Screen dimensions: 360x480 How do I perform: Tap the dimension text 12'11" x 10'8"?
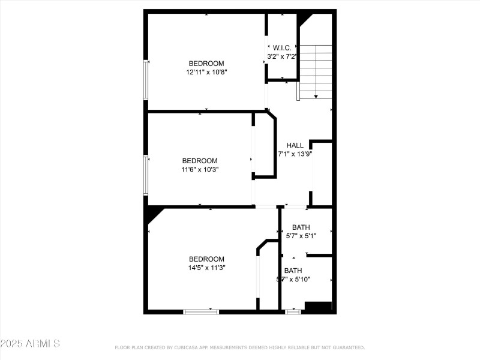pyautogui.click(x=206, y=72)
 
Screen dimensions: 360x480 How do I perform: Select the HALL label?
pyautogui.click(x=295, y=145)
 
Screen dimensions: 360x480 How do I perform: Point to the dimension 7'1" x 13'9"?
pyautogui.click(x=295, y=154)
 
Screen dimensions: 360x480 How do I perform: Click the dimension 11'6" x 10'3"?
pyautogui.click(x=200, y=169)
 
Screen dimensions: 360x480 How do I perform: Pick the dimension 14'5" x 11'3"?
pyautogui.click(x=206, y=268)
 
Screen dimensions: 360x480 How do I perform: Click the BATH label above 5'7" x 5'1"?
pyautogui.click(x=301, y=227)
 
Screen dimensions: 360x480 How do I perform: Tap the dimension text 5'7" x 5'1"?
pyautogui.click(x=301, y=236)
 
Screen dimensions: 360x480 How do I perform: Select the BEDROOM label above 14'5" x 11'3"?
pyautogui.click(x=206, y=259)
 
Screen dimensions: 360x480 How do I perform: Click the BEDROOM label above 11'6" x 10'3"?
pyautogui.click(x=200, y=161)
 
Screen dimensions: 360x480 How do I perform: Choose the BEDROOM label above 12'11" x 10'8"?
pyautogui.click(x=206, y=64)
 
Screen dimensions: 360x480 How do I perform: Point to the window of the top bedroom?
pyautogui.click(x=146, y=79)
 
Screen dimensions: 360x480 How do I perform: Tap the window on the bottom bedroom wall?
pyautogui.click(x=201, y=311)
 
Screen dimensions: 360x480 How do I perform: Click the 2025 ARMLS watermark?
pyautogui.click(x=30, y=344)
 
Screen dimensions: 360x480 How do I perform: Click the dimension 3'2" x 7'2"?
pyautogui.click(x=282, y=56)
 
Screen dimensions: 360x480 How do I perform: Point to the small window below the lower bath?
pyautogui.click(x=293, y=311)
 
